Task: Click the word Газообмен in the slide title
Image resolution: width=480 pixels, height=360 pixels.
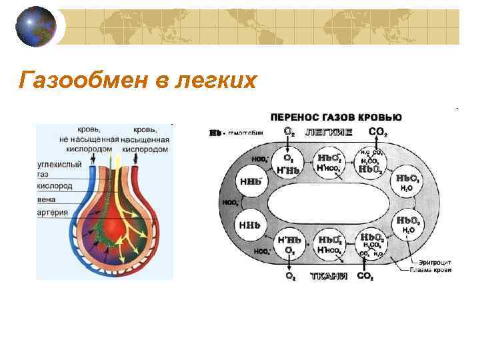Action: pos(77,81)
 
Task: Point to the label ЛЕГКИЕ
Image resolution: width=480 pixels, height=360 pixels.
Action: pos(329,132)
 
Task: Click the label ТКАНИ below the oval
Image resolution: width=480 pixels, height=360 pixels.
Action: pos(329,276)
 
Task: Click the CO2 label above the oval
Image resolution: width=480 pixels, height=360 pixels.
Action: pos(377,132)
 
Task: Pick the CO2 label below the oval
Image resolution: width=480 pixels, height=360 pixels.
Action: pos(365,276)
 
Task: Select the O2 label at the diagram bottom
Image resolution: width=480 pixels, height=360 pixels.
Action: pos(291,276)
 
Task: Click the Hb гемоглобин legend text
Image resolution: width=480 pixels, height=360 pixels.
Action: pos(237,132)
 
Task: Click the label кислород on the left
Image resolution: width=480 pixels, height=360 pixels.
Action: pos(54,186)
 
